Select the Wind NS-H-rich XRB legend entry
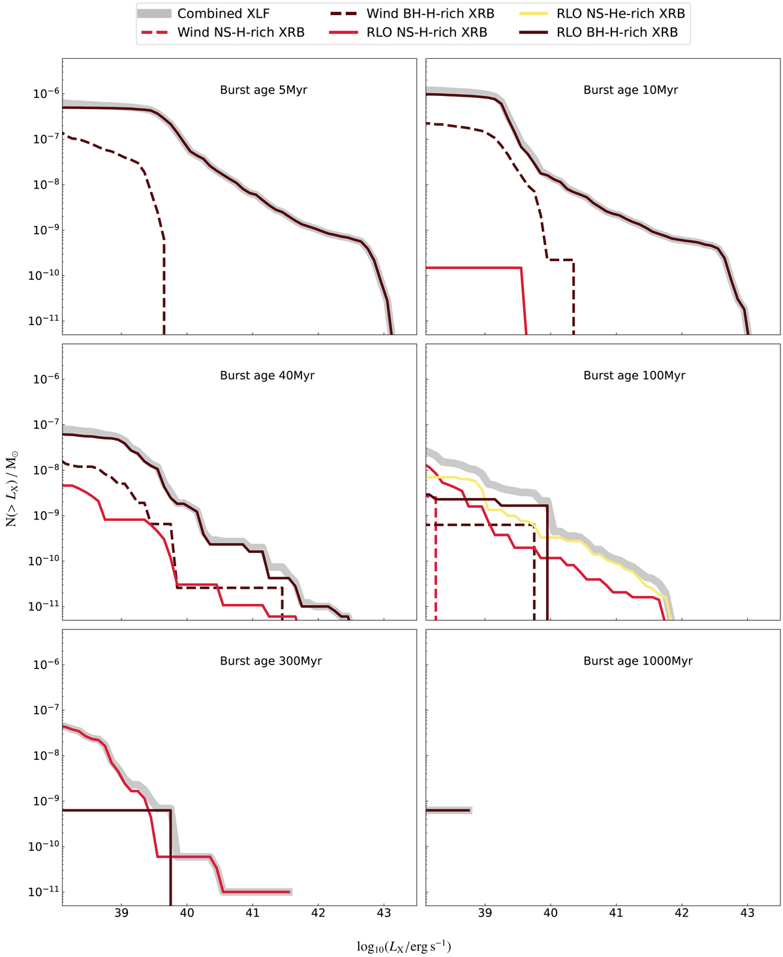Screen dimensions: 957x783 [x=241, y=33]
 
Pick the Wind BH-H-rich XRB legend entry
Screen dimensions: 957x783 [x=430, y=14]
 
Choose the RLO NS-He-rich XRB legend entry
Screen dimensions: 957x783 [x=621, y=14]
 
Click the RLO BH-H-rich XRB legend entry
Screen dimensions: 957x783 [x=617, y=33]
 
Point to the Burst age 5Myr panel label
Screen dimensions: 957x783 [x=264, y=90]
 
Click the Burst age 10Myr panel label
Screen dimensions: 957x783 [x=630, y=90]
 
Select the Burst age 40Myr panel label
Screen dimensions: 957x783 [x=267, y=375]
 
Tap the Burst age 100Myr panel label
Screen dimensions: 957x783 [x=634, y=375]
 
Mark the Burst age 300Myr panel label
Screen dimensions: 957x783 [x=271, y=661]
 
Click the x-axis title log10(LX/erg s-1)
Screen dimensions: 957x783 [x=404, y=947]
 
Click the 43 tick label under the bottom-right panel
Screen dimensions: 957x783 [x=748, y=913]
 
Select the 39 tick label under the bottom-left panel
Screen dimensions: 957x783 [x=121, y=913]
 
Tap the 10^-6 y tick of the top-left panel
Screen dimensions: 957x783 [x=44, y=95]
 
